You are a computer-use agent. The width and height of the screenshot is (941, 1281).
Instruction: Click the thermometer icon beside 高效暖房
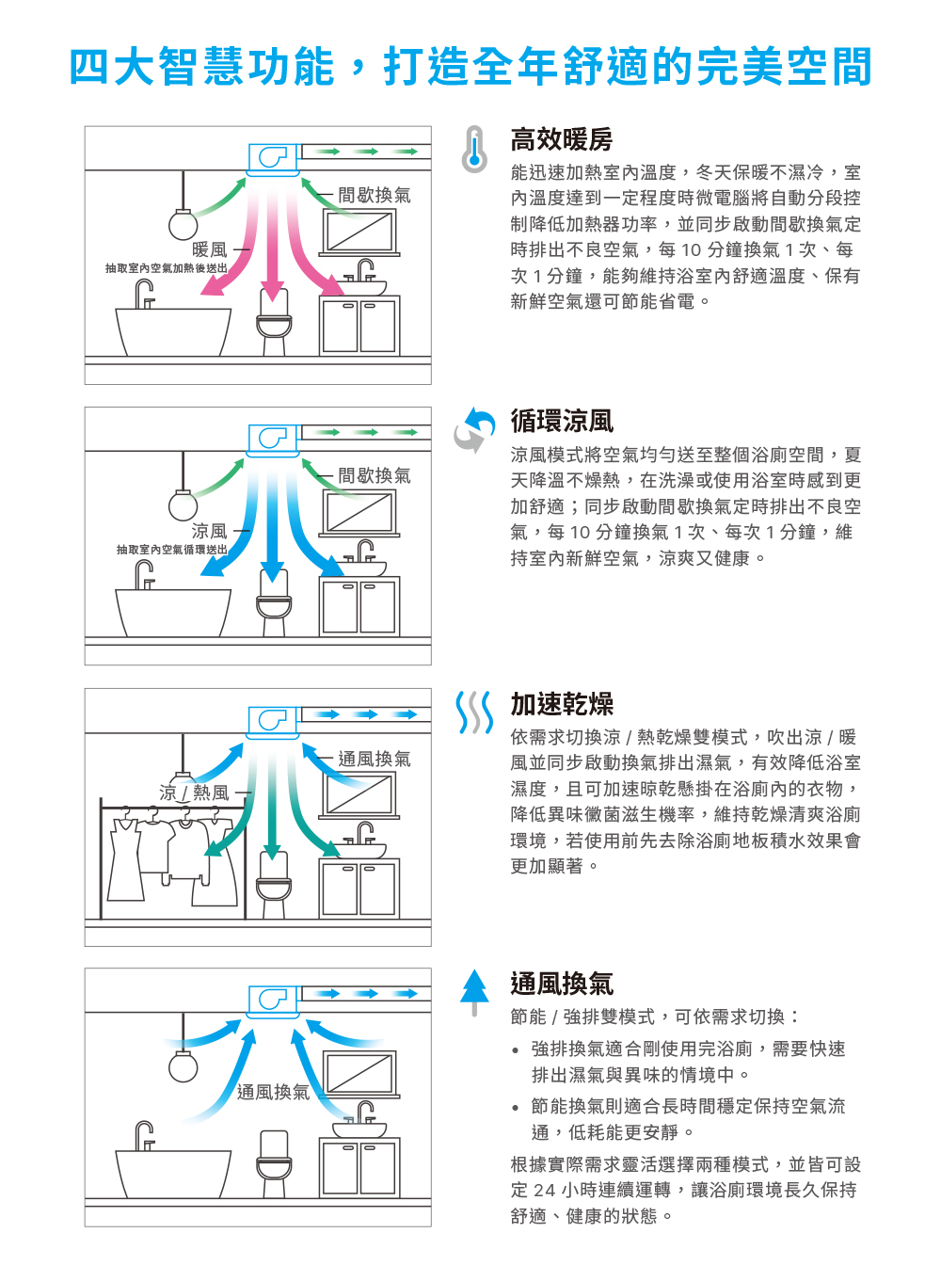pos(475,150)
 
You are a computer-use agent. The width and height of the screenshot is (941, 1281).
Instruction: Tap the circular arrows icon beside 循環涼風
pos(475,429)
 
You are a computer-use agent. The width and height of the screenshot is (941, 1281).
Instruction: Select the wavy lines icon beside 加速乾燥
pos(474,713)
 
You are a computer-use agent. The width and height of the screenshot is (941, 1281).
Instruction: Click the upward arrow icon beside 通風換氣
pos(475,991)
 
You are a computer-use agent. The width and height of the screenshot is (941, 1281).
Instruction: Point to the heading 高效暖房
pos(561,140)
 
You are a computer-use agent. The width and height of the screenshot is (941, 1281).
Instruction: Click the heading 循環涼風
pos(561,421)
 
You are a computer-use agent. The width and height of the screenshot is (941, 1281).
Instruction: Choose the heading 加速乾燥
pos(561,704)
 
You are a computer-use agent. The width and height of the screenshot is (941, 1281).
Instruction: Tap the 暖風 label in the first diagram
pos(209,249)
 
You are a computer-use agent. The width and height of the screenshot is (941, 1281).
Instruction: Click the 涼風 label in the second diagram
pos(209,531)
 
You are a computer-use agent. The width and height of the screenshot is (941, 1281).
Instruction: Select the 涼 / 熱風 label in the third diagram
pos(194,793)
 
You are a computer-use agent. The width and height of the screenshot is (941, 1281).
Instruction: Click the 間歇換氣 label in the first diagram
pos(374,195)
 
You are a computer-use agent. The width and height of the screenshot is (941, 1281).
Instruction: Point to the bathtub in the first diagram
pos(173,329)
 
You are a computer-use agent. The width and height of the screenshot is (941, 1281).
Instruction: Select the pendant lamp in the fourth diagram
pos(183,1065)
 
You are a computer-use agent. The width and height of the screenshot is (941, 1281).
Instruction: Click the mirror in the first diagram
pos(359,231)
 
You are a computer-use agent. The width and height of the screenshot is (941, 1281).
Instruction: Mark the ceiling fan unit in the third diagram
pos(273,720)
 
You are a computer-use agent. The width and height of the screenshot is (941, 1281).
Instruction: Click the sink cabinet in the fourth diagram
pos(359,1167)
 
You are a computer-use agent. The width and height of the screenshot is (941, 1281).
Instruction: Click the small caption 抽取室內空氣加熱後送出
pos(166,268)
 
